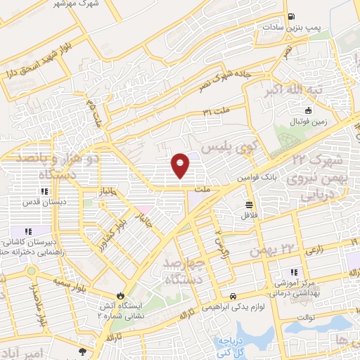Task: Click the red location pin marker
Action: (181, 164)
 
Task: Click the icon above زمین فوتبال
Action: (308, 110)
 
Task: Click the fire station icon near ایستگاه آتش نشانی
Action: (121, 296)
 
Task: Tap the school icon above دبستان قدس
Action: (44, 191)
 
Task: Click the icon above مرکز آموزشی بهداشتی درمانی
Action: (293, 272)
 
